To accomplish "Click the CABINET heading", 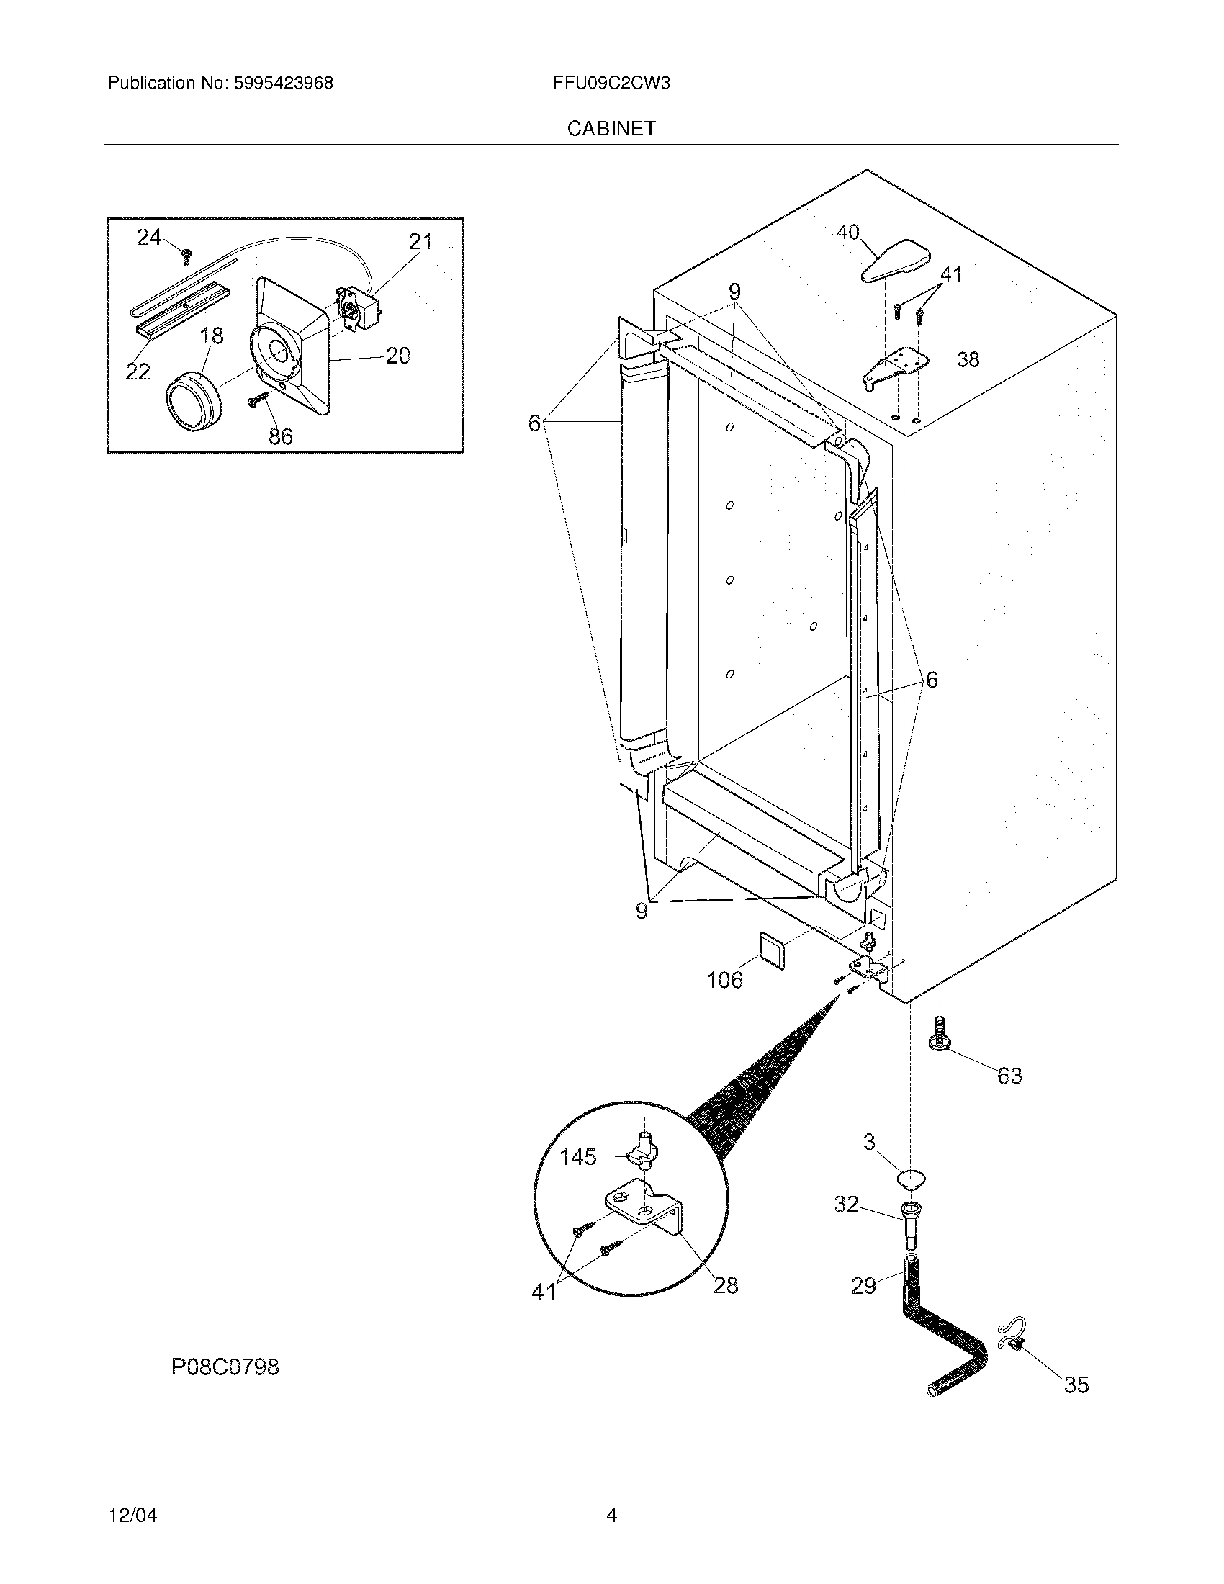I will (x=611, y=128).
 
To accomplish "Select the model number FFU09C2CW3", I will (x=611, y=83).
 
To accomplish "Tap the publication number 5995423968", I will (x=283, y=83).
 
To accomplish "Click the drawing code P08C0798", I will (x=225, y=1367).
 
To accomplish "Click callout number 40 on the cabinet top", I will (x=847, y=232).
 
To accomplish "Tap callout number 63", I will (x=1009, y=1075).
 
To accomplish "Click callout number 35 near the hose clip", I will (x=1076, y=1385).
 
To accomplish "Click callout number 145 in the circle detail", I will (x=578, y=1157).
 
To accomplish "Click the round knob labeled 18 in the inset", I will (x=193, y=401).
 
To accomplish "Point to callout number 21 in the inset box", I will (x=420, y=241).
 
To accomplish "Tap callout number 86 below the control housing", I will (x=281, y=436).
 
